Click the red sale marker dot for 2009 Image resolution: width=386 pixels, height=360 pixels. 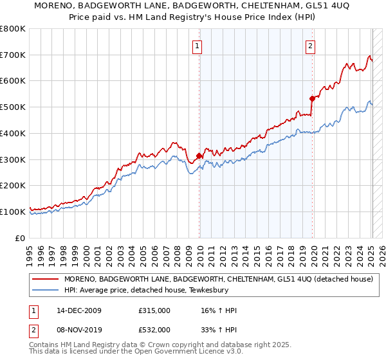[x=199, y=155]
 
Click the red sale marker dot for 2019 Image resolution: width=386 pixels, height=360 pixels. [x=312, y=98]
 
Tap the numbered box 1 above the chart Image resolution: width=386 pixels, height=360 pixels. [x=196, y=46]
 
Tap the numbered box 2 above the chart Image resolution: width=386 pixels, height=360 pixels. [x=310, y=46]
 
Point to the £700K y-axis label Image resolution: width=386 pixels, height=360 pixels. [x=13, y=55]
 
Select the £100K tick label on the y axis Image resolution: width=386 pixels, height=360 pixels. [x=13, y=212]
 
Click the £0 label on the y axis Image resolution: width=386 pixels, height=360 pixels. [x=20, y=238]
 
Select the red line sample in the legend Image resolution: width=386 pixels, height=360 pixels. [x=46, y=279]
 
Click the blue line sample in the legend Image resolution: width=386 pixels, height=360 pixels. [x=46, y=290]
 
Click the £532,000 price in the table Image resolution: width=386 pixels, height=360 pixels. [x=154, y=329]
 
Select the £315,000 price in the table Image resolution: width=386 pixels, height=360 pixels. [x=154, y=310]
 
